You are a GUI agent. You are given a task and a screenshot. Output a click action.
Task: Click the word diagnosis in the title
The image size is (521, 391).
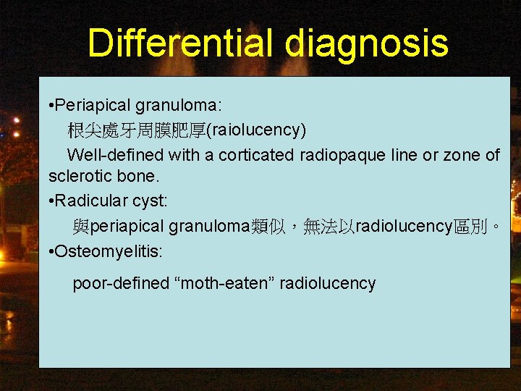tap(366, 44)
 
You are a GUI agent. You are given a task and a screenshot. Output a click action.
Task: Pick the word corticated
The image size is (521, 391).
tap(255, 155)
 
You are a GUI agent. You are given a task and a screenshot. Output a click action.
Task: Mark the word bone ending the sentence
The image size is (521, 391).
tap(141, 176)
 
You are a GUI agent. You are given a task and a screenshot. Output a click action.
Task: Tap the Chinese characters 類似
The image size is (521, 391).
tap(268, 226)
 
